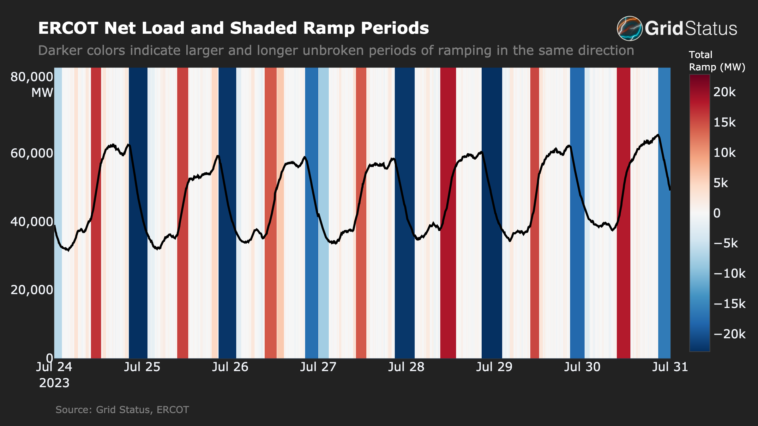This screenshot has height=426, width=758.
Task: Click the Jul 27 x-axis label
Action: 318,367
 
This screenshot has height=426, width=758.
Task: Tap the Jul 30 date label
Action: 582,367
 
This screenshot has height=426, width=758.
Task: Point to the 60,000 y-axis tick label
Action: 32,153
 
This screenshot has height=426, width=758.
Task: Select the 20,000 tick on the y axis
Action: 32,290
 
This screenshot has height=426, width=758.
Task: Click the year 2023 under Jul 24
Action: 54,383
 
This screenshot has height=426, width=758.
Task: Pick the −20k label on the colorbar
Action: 729,334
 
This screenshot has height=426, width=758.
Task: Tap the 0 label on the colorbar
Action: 717,213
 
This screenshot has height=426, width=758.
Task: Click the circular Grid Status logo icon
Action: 629,28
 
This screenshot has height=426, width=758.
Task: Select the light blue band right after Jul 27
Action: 323,284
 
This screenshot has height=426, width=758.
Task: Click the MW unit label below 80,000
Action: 42,93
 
